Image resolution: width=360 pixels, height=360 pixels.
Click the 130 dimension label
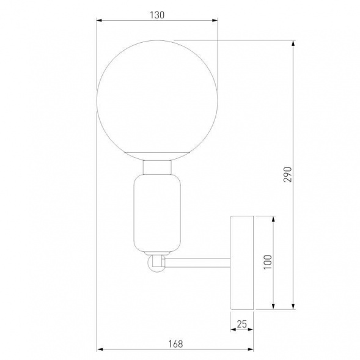click(157, 15)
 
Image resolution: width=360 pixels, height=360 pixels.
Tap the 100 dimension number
click(267, 261)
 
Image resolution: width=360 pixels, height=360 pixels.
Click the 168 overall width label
click(175, 344)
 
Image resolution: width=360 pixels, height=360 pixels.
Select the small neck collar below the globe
click(157, 167)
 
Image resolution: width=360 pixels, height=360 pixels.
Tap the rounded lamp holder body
click(157, 214)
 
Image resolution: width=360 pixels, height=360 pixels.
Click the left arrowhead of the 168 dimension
click(101, 350)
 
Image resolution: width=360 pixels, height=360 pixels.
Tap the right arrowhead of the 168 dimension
click(251, 350)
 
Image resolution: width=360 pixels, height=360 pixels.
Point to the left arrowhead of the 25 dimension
click(233, 329)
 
